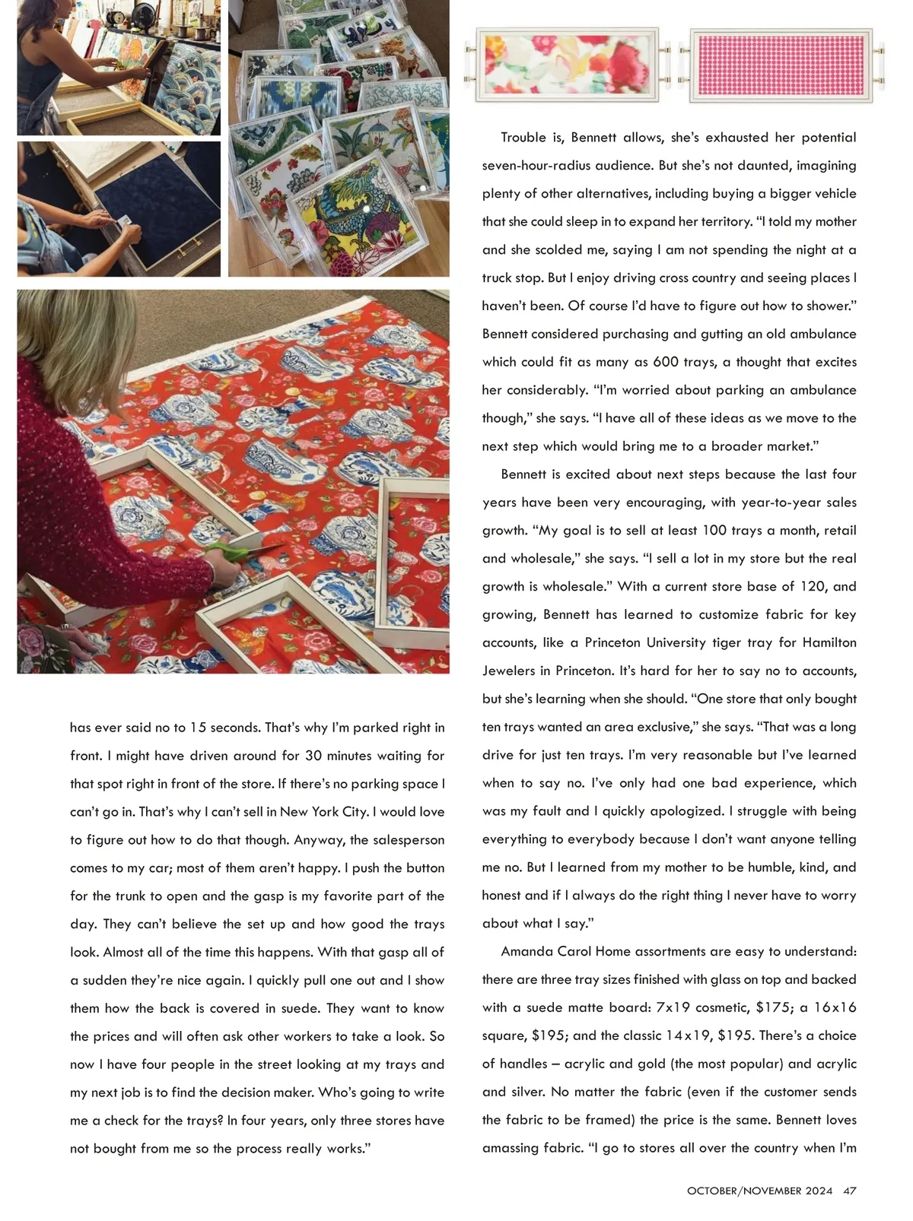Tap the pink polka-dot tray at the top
(781, 65)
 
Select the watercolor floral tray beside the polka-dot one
(568, 65)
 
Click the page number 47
(850, 1191)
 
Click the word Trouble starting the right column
(523, 138)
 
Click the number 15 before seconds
(198, 728)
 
